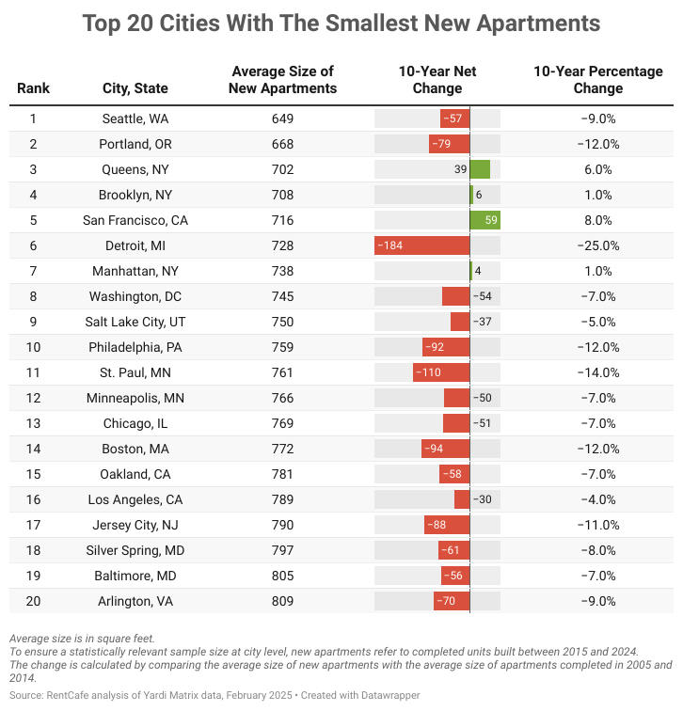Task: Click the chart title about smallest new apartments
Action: coord(341,23)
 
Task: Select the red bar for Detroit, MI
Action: coord(421,245)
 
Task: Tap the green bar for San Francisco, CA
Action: coord(484,220)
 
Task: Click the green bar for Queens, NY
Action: coord(480,169)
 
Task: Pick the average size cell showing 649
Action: coord(283,118)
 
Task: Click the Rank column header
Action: coord(33,88)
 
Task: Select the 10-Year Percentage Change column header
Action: coord(597,80)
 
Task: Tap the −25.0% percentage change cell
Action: coord(597,245)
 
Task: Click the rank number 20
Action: coord(33,601)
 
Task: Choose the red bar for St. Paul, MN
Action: coord(440,372)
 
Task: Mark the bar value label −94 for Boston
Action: coord(433,449)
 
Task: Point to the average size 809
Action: coord(283,601)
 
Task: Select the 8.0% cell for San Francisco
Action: coord(597,220)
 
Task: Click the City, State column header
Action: coord(135,88)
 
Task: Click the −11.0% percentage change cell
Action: coord(597,525)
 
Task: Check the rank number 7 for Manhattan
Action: coord(33,271)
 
